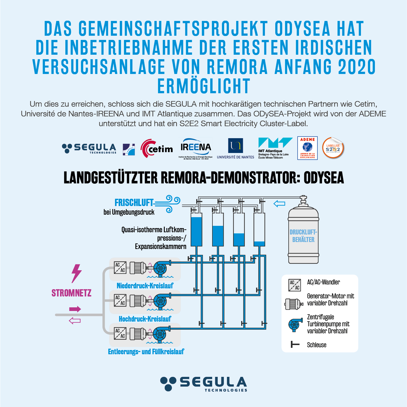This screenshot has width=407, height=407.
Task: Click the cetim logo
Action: coord(157,149)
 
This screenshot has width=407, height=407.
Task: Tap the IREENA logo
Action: coord(195,148)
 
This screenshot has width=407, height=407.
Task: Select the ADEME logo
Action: coord(307,148)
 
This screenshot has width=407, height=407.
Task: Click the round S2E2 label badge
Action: coord(333,148)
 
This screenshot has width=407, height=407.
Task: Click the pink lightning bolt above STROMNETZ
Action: coord(76,273)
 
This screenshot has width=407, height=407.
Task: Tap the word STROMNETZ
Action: coord(71,293)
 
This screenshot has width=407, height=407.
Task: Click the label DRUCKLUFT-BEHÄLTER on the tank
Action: coord(303,236)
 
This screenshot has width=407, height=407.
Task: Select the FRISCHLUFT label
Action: coord(134,202)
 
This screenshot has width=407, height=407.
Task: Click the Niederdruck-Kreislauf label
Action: coord(145,286)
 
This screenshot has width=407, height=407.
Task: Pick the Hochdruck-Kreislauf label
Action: coord(145,319)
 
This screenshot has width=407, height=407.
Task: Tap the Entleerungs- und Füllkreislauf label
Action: coord(146,351)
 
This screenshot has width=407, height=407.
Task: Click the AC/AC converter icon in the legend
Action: coord(295,285)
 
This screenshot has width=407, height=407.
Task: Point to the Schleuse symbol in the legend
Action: coord(295,344)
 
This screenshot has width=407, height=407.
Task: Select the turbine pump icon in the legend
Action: coord(295,324)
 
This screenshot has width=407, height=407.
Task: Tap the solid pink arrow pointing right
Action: coord(75,309)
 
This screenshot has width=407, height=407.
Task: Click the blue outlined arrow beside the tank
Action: coord(279,204)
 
